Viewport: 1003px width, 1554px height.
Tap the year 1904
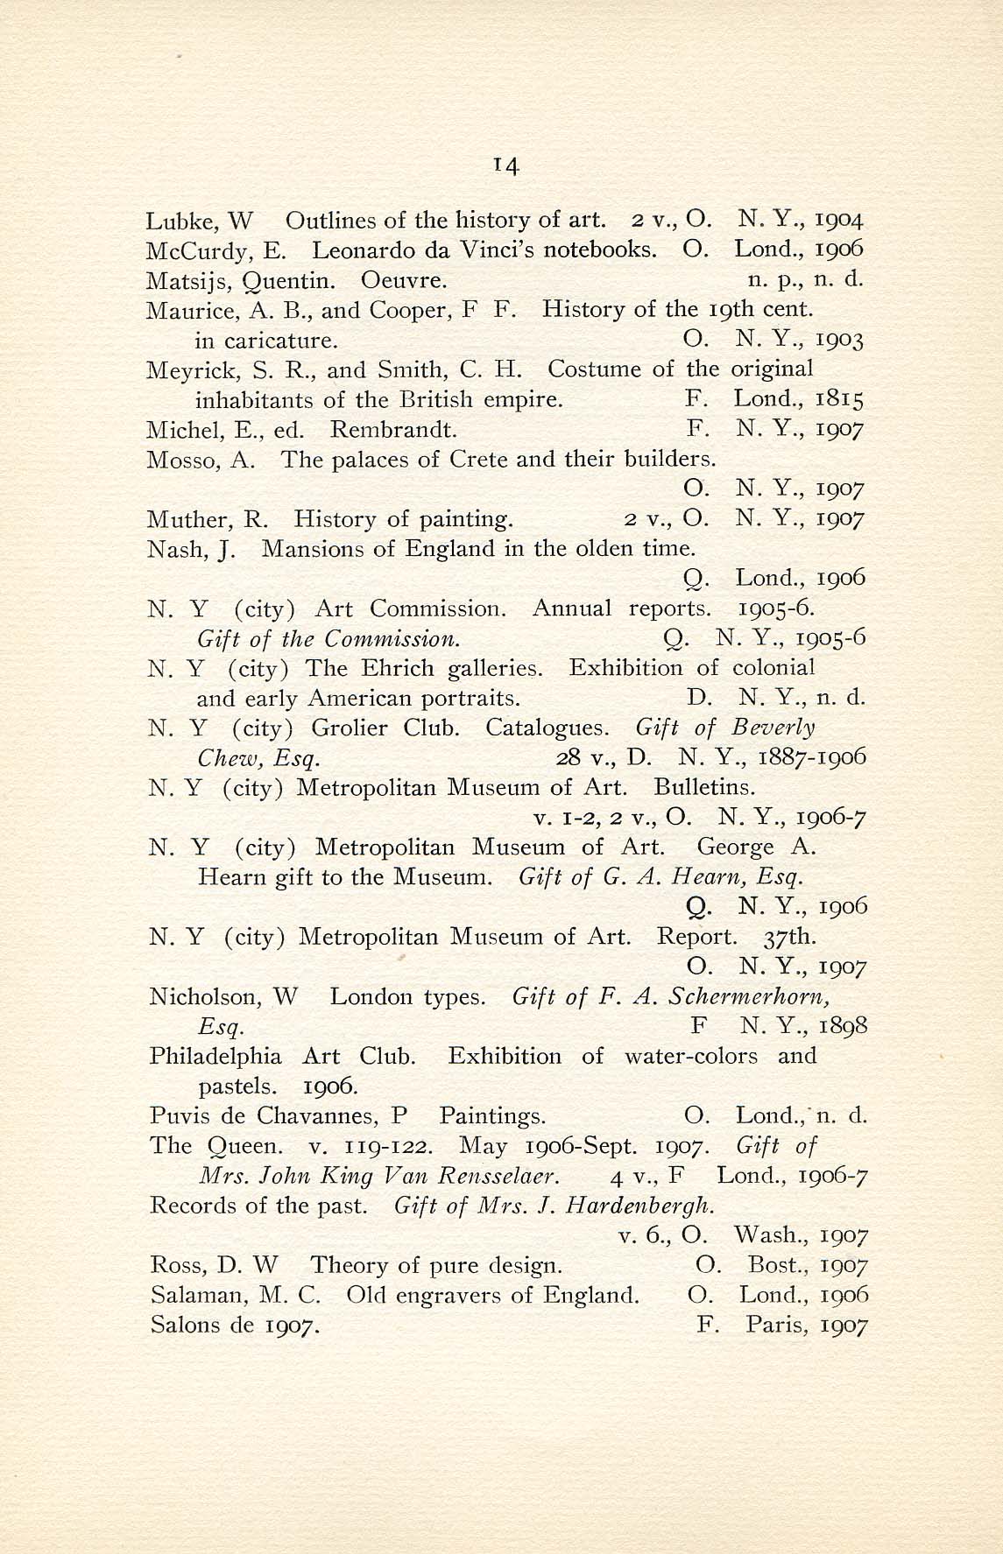(840, 220)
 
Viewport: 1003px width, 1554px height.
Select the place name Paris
(776, 1325)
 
